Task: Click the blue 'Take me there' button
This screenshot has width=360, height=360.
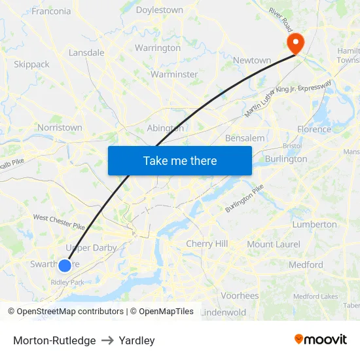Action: click(x=180, y=160)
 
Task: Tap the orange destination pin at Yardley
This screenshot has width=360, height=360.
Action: click(x=296, y=43)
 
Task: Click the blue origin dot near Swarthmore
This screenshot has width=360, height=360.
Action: click(x=65, y=265)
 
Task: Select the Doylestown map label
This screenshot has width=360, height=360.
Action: click(x=160, y=10)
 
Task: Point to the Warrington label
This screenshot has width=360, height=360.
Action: click(x=157, y=48)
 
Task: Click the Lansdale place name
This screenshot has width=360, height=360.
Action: click(x=86, y=52)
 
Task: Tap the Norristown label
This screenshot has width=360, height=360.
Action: click(x=60, y=128)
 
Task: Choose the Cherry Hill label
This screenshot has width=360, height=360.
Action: click(x=207, y=243)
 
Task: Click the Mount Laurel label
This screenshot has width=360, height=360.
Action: click(x=274, y=244)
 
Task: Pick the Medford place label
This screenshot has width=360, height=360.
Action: click(x=306, y=264)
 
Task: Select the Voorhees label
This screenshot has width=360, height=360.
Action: click(x=240, y=295)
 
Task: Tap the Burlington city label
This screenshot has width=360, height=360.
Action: click(x=286, y=158)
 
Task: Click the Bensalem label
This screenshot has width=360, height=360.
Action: click(x=245, y=138)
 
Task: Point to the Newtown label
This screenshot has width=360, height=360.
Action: click(x=252, y=60)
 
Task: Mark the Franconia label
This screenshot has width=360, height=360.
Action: click(x=51, y=11)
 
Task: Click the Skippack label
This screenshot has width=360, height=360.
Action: click(x=31, y=64)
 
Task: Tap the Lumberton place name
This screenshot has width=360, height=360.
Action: click(x=314, y=224)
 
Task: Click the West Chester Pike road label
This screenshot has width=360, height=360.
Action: click(x=59, y=222)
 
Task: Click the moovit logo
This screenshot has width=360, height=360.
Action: click(x=321, y=340)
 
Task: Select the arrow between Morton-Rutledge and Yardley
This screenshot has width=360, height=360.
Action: click(x=107, y=340)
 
